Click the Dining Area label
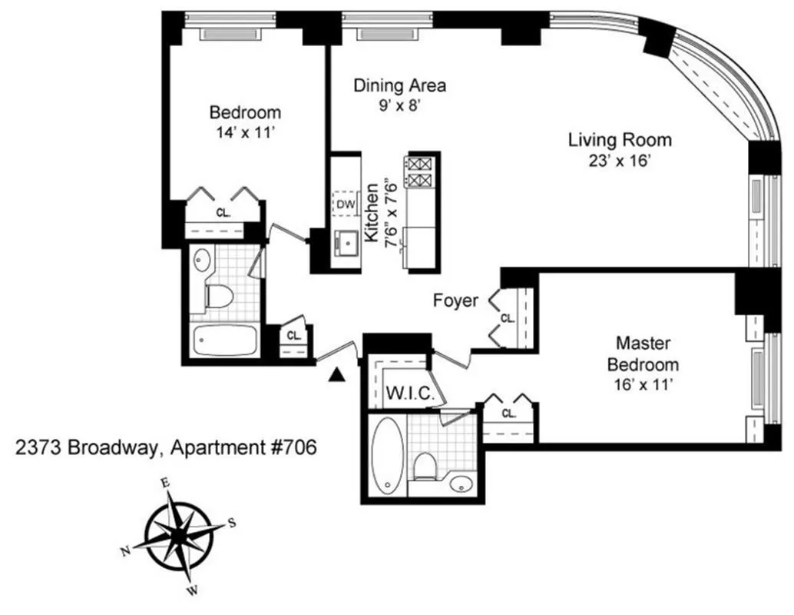pos(399,85)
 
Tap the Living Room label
pos(620,141)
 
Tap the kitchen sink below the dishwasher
pos(346,245)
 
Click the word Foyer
pos(455,301)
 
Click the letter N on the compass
pos(125,551)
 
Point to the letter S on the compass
pos(231,523)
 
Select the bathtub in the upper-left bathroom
pos(224,340)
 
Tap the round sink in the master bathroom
pos(459,483)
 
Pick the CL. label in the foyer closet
pos(507,317)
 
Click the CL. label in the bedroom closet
pos(223,213)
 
